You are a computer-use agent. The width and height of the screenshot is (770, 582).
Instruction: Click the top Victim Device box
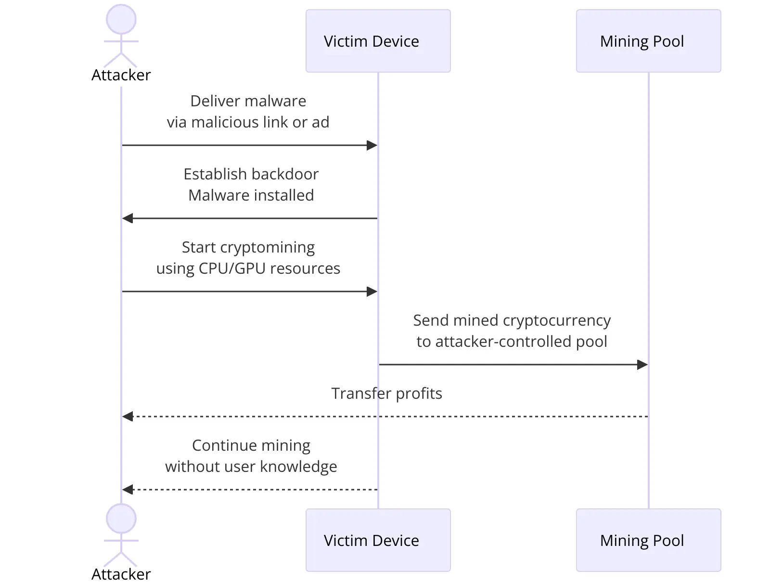378,41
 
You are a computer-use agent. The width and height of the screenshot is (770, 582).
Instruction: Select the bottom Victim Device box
378,540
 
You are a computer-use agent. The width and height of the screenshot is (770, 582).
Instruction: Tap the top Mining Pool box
648,41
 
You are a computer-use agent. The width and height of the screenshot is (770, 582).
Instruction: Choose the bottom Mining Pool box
648,540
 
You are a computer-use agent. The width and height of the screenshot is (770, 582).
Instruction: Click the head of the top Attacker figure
121,19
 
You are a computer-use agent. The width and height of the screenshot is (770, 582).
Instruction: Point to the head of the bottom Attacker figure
121,519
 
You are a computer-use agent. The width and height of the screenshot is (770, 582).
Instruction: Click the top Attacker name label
121,75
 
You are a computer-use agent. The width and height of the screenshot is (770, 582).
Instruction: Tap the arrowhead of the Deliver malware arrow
372,145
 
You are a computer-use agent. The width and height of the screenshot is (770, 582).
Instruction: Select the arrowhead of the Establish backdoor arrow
128,218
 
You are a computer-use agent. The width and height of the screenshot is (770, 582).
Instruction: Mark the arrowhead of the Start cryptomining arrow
372,291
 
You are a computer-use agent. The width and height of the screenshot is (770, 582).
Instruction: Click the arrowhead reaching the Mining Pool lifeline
642,365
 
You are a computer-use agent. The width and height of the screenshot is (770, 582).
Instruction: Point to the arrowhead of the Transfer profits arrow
128,417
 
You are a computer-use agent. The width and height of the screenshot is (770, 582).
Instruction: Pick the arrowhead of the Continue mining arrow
128,490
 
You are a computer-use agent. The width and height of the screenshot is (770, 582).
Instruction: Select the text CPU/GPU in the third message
232,268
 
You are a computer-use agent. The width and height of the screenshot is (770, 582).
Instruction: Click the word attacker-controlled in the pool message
503,342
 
